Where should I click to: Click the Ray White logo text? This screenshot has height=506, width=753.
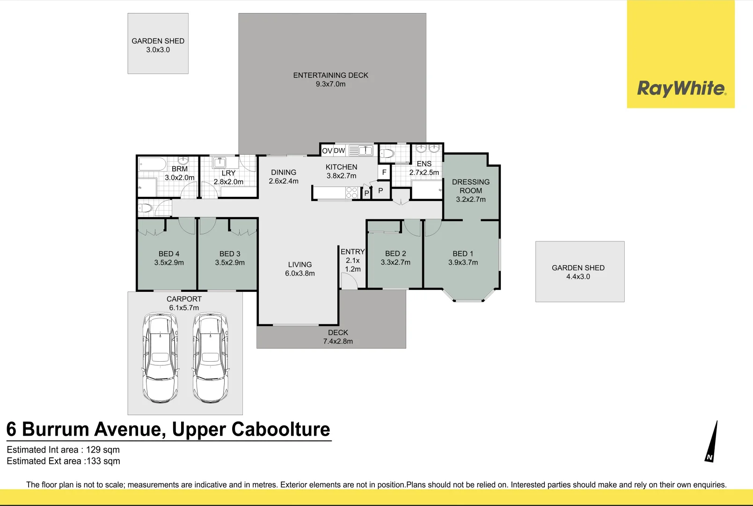(681, 89)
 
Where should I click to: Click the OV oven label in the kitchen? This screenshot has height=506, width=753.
(327, 151)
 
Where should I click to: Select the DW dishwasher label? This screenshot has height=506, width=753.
(339, 151)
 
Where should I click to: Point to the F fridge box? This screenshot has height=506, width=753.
(384, 172)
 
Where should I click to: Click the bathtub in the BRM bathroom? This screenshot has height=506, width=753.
(153, 164)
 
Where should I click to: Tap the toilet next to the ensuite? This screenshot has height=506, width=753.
(387, 154)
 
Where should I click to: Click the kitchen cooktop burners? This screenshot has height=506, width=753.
(351, 193)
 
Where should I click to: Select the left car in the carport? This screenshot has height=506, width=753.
(160, 357)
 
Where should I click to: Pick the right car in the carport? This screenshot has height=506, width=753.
(211, 357)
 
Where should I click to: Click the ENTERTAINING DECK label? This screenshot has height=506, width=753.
(331, 75)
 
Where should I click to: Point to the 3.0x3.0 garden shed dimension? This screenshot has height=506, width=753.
(158, 50)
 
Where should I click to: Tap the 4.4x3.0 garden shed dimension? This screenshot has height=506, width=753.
(578, 276)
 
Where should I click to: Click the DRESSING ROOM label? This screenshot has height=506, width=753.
(471, 186)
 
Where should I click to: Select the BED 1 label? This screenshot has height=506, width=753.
(463, 253)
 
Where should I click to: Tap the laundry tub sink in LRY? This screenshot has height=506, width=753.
(219, 163)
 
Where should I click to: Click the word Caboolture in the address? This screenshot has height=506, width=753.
(281, 429)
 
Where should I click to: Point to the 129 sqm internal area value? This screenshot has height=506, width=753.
(103, 450)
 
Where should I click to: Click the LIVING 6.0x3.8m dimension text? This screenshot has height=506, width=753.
(300, 273)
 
